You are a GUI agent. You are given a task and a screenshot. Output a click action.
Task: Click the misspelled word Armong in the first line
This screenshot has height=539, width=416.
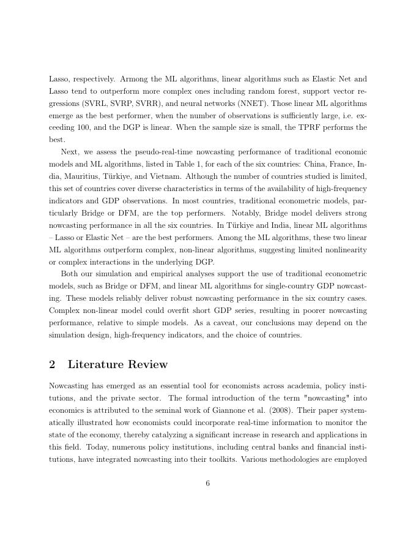[x=136, y=79]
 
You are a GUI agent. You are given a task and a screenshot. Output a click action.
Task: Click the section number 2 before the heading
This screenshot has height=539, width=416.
[x=53, y=364]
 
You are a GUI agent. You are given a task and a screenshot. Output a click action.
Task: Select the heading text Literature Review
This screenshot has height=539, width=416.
[x=117, y=364]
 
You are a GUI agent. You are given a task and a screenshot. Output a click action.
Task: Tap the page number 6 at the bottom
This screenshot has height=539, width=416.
[x=208, y=483]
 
